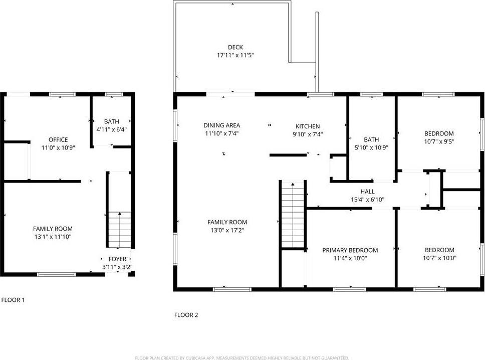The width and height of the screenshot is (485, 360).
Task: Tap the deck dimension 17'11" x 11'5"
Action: coord(232,56)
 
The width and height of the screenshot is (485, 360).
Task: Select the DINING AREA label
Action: coord(221,125)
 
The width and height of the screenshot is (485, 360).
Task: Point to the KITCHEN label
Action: coord(307,126)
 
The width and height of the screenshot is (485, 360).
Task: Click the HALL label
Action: coord(367,192)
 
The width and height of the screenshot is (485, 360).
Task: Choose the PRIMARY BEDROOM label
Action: coord(350,250)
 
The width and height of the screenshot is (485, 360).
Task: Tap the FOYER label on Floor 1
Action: coord(117,259)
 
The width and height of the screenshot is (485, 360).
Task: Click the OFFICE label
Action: coord(58,139)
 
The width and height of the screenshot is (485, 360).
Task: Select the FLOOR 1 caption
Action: coord(13,300)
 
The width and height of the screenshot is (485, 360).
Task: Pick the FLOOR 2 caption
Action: coord(186,315)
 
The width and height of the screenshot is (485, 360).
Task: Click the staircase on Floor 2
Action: coord(293,216)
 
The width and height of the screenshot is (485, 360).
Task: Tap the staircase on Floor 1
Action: coord(120,230)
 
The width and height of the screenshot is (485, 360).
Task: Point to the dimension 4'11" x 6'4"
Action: coord(112,129)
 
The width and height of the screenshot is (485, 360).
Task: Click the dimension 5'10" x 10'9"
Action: coord(371,147)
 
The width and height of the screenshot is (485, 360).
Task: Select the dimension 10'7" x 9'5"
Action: coord(439,141)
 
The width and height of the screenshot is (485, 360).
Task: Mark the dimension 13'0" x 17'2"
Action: coord(227,231)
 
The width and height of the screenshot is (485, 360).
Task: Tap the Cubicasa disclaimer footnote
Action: coord(242,358)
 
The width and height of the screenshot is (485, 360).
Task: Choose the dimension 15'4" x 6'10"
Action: coord(367,200)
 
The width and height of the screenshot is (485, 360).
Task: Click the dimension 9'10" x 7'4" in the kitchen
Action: coord(307,134)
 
